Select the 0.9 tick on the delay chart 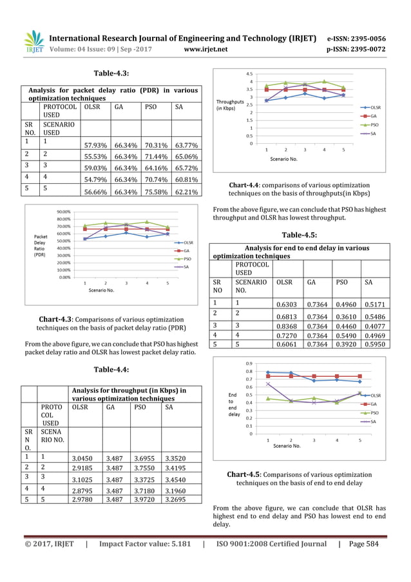tap(249, 364)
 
